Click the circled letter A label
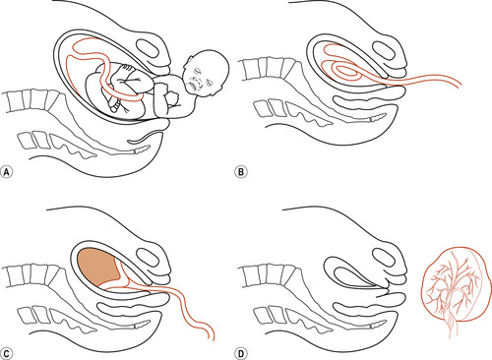[7, 172]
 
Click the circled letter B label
[241, 172]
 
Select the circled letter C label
[7, 353]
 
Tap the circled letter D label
[241, 353]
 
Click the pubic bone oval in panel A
[148, 49]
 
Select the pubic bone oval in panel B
[383, 50]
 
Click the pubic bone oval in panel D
[383, 259]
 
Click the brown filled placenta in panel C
[98, 267]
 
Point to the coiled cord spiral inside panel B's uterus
[344, 71]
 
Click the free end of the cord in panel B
[460, 85]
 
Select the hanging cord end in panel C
[212, 337]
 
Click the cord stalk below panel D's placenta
[453, 327]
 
